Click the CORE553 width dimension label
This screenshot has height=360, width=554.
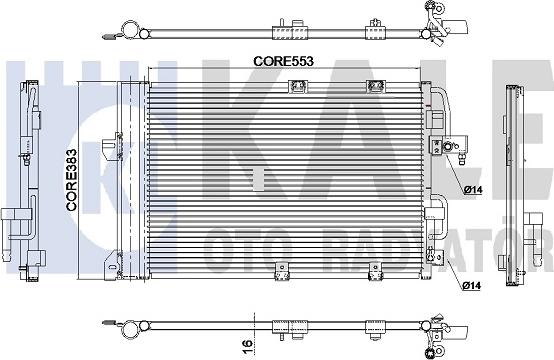tap(283, 61)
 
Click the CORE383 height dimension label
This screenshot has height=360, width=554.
tap(71, 180)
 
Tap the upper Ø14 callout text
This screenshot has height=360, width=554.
tap(473, 190)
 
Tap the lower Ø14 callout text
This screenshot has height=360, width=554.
tap(471, 285)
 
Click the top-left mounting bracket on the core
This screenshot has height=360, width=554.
tap(297, 86)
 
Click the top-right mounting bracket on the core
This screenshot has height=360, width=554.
tap(375, 86)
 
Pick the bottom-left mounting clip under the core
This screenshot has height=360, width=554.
tap(282, 270)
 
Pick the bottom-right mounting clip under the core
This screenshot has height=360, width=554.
tap(375, 271)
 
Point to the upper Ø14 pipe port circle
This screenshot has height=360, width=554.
tap(449, 146)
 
